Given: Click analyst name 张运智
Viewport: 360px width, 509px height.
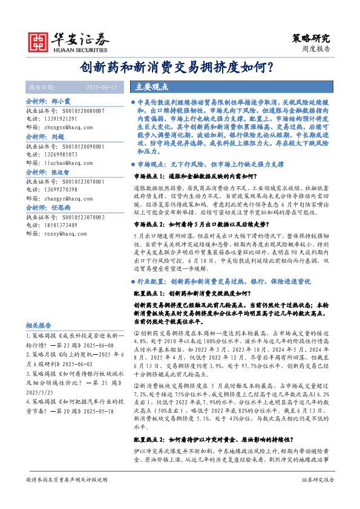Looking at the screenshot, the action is (61, 172).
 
